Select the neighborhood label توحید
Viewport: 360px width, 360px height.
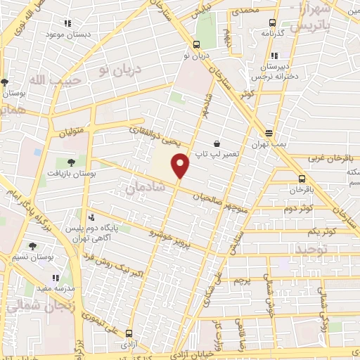tap(311, 250)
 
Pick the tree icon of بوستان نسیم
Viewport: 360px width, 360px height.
tap(32, 247)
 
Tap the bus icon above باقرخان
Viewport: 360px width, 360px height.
tap(302, 179)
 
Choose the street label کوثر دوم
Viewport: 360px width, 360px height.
tap(299, 210)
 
